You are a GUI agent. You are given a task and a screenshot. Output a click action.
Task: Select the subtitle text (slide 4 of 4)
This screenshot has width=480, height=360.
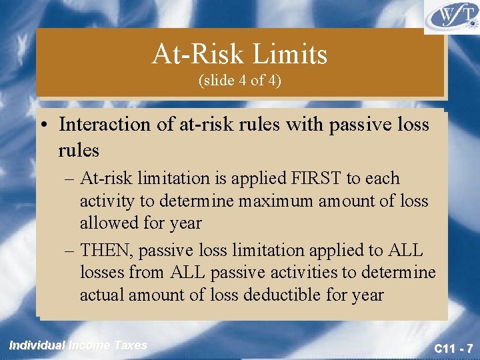(240, 81)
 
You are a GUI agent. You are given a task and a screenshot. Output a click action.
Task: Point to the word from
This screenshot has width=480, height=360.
(148, 272)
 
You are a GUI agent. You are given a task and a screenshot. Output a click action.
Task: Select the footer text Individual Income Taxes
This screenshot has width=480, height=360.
(78, 345)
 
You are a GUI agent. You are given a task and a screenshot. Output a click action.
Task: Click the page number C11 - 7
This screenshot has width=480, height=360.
(453, 347)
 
